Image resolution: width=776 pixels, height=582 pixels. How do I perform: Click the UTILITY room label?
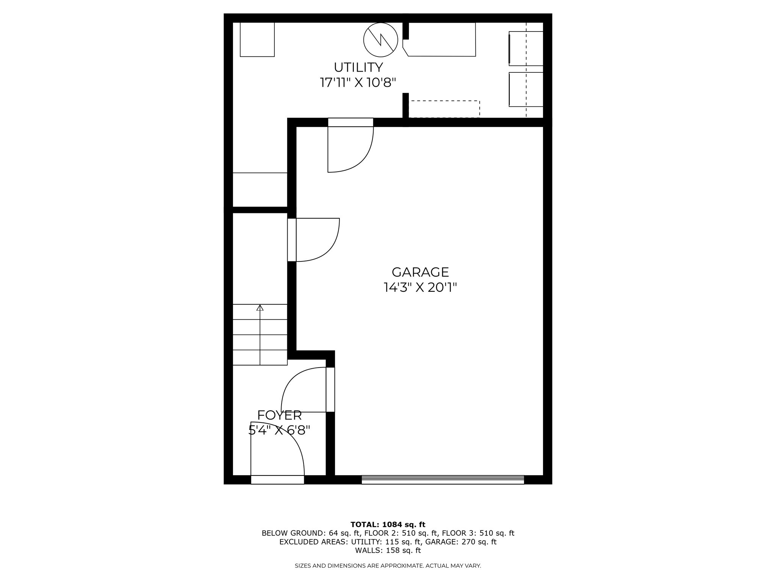coord(358,67)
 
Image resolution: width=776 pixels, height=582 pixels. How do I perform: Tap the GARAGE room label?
coord(420,272)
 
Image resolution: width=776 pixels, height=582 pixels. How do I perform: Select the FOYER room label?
coord(280,415)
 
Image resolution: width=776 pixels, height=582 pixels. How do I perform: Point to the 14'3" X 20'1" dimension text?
coord(420,288)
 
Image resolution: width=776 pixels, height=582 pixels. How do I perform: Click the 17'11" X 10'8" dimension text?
coord(358,83)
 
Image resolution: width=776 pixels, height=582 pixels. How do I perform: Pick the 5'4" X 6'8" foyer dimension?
coord(280,430)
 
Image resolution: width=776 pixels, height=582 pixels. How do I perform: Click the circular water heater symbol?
coord(380,40)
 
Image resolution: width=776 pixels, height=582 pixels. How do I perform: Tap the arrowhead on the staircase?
coord(260,308)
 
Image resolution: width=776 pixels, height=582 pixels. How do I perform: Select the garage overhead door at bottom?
coord(443,480)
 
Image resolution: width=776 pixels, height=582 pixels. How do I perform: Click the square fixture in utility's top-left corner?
coord(257,39)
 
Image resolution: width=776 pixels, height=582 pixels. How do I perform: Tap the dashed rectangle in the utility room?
coord(444,109)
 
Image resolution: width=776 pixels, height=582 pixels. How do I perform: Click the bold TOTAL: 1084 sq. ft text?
coord(388,524)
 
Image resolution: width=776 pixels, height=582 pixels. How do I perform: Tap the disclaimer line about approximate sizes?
coord(388,576)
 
